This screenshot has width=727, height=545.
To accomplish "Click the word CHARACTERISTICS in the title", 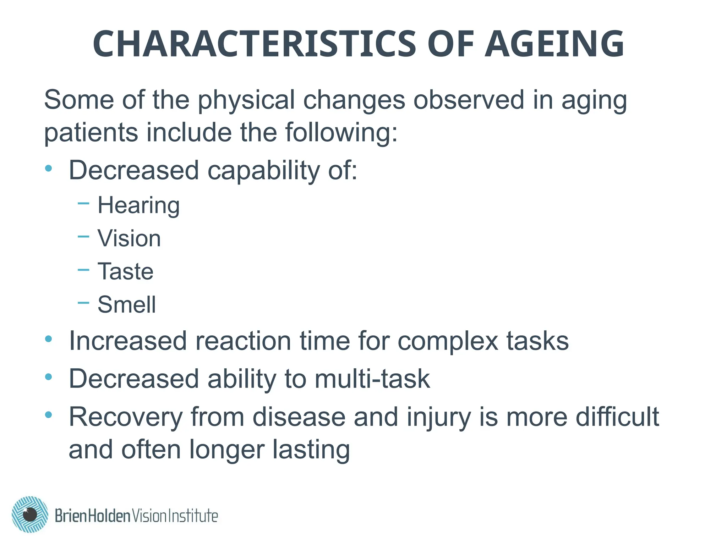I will click(x=254, y=44).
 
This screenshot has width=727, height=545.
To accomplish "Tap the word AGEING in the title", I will click(x=554, y=44).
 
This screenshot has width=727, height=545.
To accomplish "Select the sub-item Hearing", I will click(x=138, y=205).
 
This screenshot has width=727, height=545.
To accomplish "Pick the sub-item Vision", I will click(x=129, y=238).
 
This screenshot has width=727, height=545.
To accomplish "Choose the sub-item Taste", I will click(x=125, y=271).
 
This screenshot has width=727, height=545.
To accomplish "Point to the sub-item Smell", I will click(x=127, y=304).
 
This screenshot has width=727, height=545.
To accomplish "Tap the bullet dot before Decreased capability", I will click(x=49, y=168).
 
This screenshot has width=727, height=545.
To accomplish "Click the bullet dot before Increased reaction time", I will click(x=49, y=339).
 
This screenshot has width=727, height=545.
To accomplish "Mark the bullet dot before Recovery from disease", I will click(x=49, y=414).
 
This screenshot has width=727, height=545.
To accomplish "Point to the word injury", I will click(x=439, y=417).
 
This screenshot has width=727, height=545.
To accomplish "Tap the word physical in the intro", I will click(x=246, y=100).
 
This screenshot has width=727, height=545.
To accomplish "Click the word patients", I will click(x=91, y=133).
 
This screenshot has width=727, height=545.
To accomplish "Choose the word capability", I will click(x=263, y=171).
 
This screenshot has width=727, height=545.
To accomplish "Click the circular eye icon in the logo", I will click(x=30, y=514).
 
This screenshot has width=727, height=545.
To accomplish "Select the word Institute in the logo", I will click(x=192, y=516).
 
